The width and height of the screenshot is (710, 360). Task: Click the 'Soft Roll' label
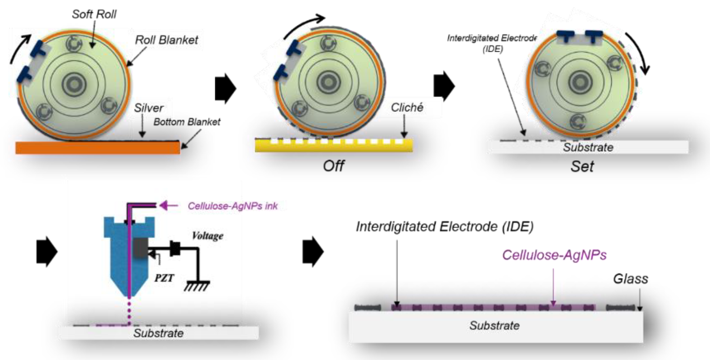pos(94,14)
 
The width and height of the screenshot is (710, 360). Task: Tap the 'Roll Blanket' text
pos(167,40)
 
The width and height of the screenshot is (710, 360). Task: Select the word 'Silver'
pos(149,108)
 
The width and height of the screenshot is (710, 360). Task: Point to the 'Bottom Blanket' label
pos(187,122)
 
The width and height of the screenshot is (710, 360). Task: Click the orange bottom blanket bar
pos(98,148)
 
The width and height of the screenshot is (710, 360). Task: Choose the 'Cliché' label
pos(407,108)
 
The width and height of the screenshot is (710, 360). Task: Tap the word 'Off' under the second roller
pos(333,166)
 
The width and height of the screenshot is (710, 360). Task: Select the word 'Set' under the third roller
pos(582,166)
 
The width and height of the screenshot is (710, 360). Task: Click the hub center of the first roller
pos(74,84)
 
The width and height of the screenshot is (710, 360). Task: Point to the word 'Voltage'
pos(207,236)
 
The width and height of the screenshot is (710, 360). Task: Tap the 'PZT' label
pos(164,278)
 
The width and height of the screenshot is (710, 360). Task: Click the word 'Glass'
pos(630,279)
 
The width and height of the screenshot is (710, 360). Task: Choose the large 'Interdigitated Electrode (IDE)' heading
pos(445,227)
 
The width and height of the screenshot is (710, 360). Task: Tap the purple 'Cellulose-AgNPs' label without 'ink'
pos(554,255)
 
